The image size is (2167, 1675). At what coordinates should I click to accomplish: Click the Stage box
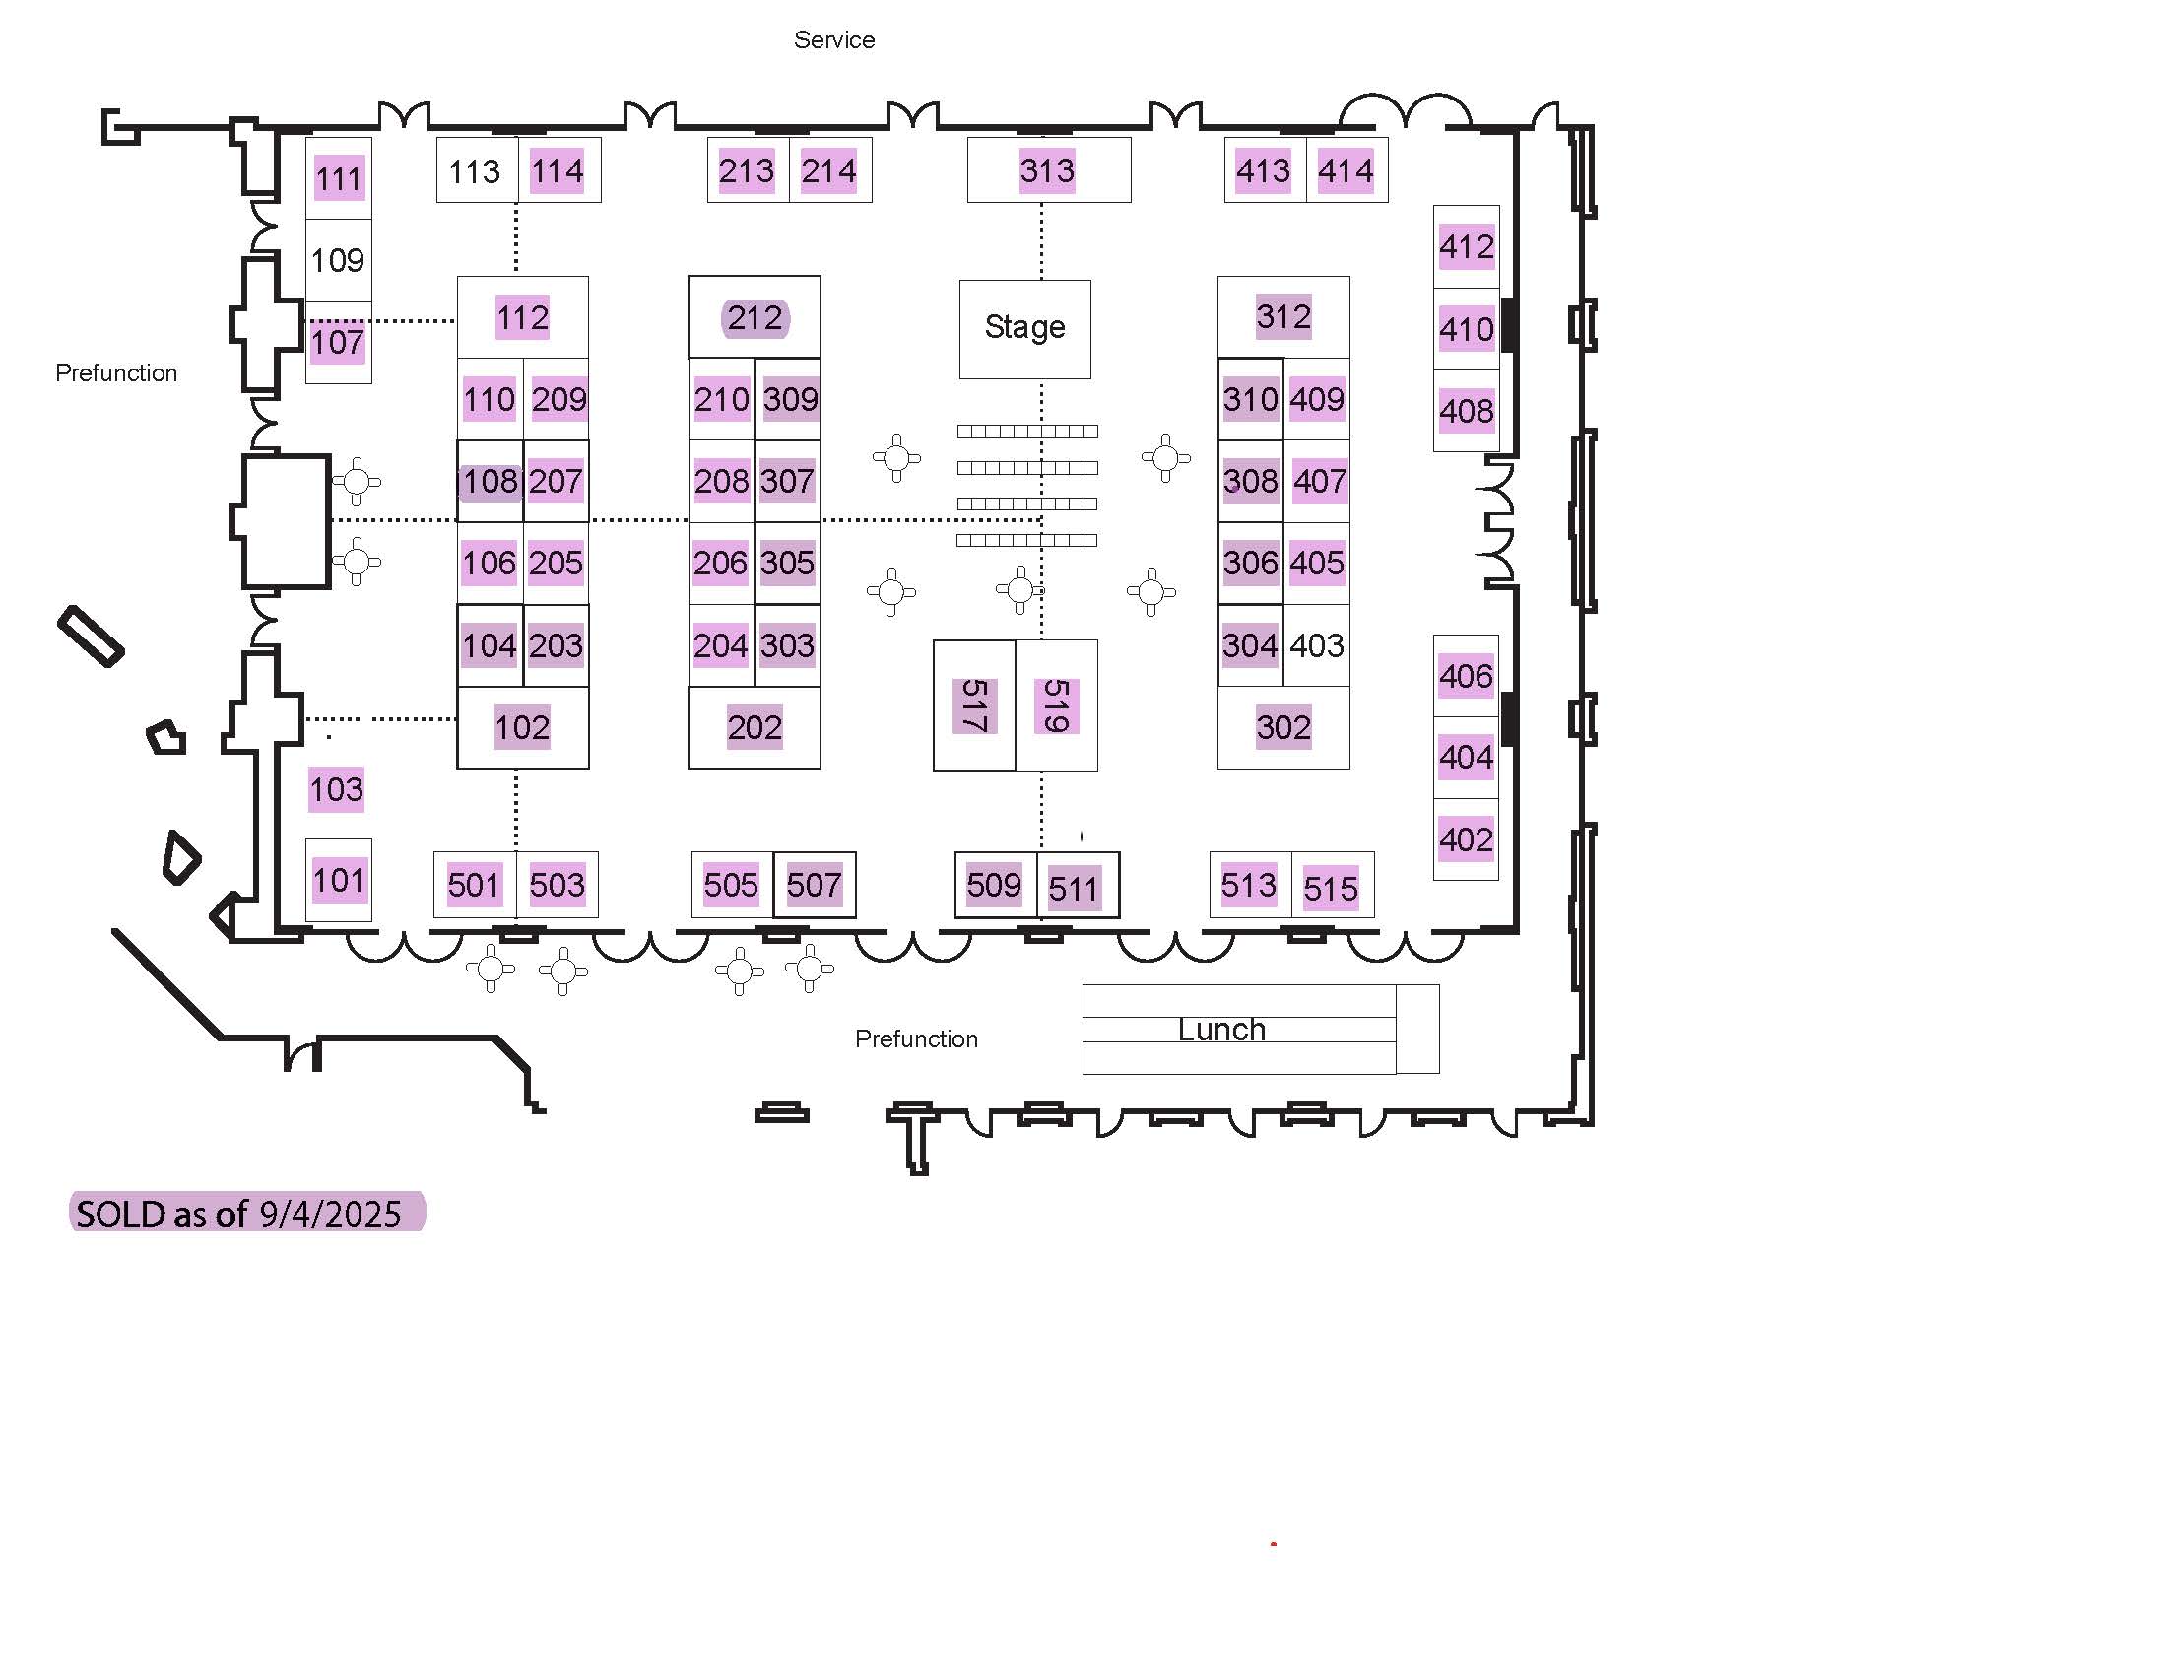point(1024,328)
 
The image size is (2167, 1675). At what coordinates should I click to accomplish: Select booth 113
point(477,170)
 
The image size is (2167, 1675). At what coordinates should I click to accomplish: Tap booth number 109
point(337,260)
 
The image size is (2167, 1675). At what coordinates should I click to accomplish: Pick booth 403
point(1317,645)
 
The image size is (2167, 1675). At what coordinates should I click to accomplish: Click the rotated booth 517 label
point(973,705)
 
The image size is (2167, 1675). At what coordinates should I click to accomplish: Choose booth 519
point(1057,705)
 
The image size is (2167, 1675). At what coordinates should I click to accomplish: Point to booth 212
point(755,317)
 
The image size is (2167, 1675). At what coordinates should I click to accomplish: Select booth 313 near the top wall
point(1049,170)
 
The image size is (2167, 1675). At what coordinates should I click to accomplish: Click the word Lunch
point(1221,1029)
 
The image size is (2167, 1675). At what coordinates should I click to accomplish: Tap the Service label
point(834,39)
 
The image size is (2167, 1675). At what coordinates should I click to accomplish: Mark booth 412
point(1467,247)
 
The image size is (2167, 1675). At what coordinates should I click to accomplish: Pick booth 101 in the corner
point(338,880)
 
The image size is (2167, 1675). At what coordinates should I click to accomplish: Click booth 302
point(1282,727)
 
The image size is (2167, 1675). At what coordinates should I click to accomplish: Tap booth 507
point(815,885)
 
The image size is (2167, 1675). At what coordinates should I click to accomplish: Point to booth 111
point(338,178)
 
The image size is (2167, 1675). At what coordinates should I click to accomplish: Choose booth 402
point(1467,839)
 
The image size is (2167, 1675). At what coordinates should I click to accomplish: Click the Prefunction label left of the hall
point(116,373)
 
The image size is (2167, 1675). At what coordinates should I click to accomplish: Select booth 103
point(336,790)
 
